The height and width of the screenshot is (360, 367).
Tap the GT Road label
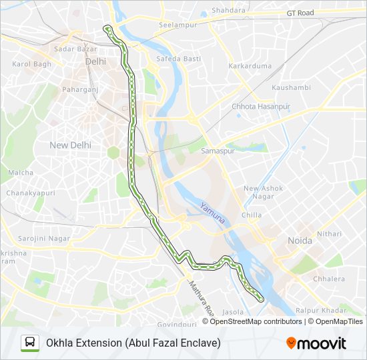click(300, 13)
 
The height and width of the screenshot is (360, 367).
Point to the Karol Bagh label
click(31, 64)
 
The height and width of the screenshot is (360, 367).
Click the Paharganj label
click(80, 89)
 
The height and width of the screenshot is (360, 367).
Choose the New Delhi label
click(70, 145)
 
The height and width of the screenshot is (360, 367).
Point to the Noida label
click(300, 241)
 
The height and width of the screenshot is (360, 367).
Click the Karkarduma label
click(250, 66)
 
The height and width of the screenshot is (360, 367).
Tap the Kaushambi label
click(291, 87)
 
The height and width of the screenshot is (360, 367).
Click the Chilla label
click(252, 215)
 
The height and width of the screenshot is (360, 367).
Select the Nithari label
click(329, 234)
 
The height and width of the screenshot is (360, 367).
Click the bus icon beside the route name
click(30, 343)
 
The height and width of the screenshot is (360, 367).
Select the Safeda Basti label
click(178, 59)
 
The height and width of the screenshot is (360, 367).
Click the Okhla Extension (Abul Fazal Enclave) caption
click(133, 343)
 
